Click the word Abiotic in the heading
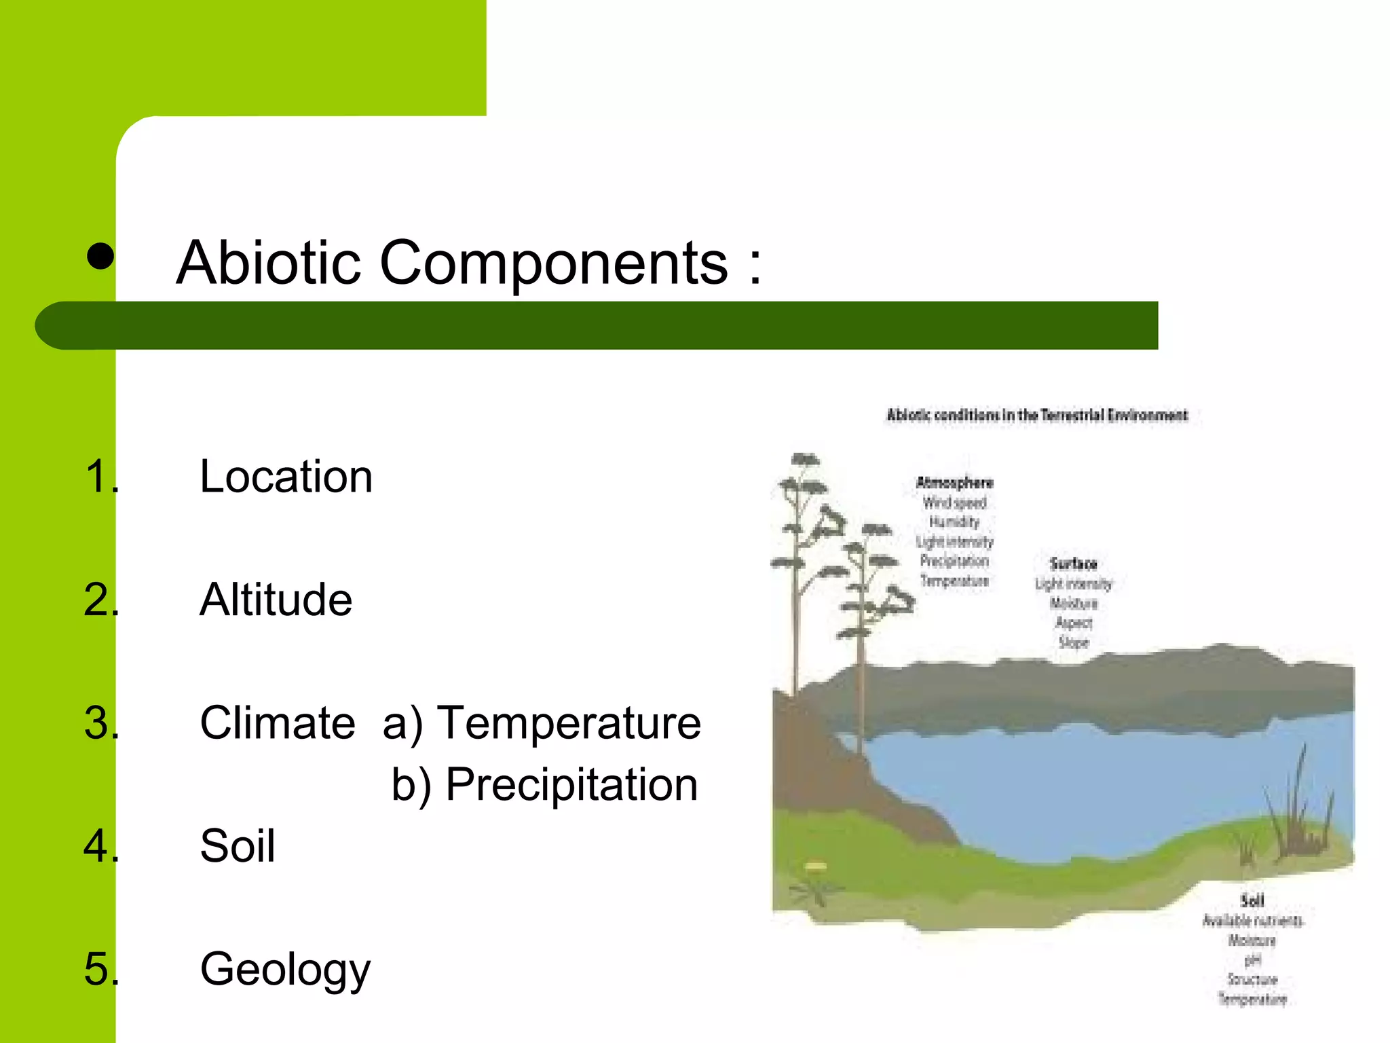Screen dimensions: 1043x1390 coord(268,263)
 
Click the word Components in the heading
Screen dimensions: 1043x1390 coord(553,263)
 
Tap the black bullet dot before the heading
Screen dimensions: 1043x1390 coord(100,257)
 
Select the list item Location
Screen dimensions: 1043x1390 coord(286,477)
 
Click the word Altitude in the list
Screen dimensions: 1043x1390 coord(276,600)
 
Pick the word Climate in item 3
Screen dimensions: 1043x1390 coord(277,722)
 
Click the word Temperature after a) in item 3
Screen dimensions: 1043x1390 coord(569,722)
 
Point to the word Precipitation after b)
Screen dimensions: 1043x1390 coord(571,784)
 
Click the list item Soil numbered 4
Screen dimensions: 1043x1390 coord(238,846)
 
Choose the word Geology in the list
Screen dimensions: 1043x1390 coord(285,970)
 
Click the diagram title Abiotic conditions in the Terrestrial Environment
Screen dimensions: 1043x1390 coord(1037,415)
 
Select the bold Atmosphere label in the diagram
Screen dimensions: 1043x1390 coord(954,483)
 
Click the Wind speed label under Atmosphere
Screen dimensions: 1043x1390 coord(954,503)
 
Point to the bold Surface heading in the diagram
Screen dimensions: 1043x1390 coord(1073,564)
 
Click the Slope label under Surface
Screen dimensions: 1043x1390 coord(1073,642)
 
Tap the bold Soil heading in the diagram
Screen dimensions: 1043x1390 coord(1252,901)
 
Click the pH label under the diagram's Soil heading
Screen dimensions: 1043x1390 coord(1252,960)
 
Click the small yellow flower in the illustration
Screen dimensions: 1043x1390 coord(816,866)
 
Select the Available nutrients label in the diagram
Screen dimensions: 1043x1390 coord(1252,921)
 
